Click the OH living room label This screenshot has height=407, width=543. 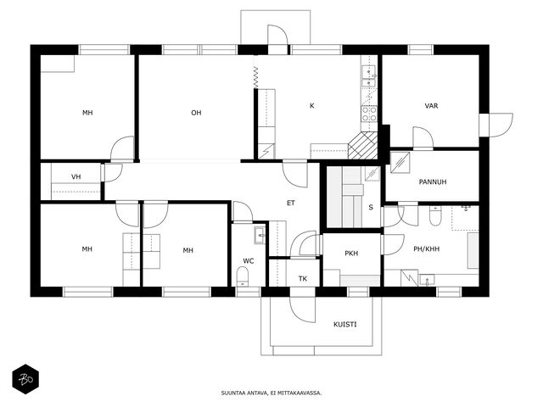pos(196,113)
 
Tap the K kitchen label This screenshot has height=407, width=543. pos(311,105)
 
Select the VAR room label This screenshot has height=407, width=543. pos(431,105)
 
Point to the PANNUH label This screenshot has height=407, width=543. pos(433,181)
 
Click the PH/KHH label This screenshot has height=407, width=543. pos(426,248)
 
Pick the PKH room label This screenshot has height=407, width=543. pos(351,254)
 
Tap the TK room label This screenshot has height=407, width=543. pos(303,279)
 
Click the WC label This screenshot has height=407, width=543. pos(249,261)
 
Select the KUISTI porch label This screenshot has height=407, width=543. pos(345,324)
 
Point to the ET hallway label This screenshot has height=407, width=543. pos(291,203)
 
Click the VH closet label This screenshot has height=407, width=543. pos(76,177)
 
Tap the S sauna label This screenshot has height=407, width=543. pos(371,207)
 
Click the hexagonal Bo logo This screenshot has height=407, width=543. pos(25,379)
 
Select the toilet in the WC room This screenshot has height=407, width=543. pos(243,276)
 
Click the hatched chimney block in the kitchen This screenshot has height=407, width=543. pos(362,145)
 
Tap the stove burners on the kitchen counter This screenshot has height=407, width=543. pos(369,114)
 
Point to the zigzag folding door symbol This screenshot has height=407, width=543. pos(255,78)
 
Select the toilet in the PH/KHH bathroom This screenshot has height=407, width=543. pos(435,215)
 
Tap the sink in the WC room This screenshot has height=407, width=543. pos(260,236)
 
